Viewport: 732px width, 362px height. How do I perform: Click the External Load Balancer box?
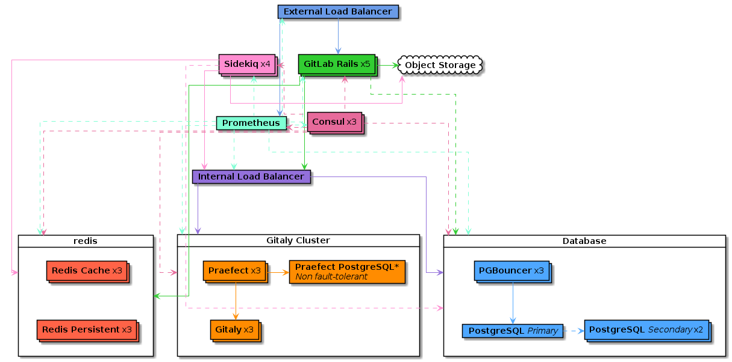coord(338,12)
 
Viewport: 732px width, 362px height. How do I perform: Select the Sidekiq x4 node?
coord(248,64)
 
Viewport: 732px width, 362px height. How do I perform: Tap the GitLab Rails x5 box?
coord(337,64)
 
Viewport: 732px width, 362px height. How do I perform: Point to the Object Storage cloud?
coord(440,65)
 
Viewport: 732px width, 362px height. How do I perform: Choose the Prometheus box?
coord(251,123)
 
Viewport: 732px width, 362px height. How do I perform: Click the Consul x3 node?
coord(336,123)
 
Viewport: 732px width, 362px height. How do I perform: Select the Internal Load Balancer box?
coord(251,176)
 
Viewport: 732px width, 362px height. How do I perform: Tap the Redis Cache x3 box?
coord(87,272)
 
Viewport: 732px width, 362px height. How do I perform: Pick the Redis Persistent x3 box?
coord(87,331)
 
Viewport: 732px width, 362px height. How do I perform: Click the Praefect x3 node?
coord(236,272)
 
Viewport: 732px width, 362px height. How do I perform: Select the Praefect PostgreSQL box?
coord(347,272)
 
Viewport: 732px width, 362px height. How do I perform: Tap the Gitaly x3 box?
coord(236,331)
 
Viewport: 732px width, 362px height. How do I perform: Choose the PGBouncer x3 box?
coord(512,272)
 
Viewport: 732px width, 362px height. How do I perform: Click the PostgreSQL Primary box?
coord(512,331)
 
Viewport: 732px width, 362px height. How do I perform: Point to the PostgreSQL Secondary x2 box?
coord(648,331)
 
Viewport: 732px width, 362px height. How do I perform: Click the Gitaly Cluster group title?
coord(298,240)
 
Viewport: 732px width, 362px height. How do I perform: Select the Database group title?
coord(584,241)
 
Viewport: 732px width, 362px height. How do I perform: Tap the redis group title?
coord(86,241)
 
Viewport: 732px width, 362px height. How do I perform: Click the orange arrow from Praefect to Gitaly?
coord(236,301)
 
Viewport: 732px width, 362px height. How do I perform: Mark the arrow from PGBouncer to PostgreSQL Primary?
coord(513,303)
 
